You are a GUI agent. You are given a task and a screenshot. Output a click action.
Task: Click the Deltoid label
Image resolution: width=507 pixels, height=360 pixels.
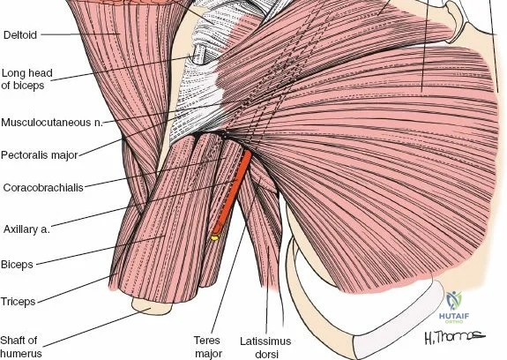point(20,35)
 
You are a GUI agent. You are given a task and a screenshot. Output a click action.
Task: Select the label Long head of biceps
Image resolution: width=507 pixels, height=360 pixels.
point(26,79)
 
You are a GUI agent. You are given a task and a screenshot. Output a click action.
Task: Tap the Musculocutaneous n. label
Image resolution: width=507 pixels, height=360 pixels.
point(52,123)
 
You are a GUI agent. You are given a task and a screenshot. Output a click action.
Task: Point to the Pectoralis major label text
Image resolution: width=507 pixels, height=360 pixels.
point(40,155)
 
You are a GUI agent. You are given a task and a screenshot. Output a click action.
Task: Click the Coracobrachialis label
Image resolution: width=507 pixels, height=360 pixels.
point(43,188)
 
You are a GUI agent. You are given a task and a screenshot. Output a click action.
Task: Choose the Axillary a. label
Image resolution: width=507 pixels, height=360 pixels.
point(26,229)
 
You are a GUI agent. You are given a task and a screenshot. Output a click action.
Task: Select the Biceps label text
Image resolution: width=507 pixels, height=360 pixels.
point(17,265)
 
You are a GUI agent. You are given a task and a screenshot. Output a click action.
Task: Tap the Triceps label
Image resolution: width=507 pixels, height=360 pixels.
point(19,302)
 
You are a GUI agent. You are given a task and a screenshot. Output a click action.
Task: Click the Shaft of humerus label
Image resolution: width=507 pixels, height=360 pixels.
point(20,347)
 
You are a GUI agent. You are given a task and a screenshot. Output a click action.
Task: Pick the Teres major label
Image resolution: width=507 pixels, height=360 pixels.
point(208,347)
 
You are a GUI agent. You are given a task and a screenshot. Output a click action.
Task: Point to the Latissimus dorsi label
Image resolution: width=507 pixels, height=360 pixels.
point(265,348)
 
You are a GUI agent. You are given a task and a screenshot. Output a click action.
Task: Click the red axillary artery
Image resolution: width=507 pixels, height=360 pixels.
point(232,192)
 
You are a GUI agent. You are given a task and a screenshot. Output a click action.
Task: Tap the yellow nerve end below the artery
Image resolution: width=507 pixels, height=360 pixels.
point(214,237)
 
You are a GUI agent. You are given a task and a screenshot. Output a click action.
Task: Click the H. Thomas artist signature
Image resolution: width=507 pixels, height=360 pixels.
point(454,337)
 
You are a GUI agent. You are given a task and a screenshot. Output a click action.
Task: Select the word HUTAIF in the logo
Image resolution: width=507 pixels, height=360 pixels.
point(453,316)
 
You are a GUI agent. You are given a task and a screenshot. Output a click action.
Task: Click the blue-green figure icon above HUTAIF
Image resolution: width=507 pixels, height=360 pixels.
point(454,301)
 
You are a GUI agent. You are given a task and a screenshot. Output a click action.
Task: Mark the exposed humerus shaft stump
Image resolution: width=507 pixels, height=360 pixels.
point(152,306)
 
